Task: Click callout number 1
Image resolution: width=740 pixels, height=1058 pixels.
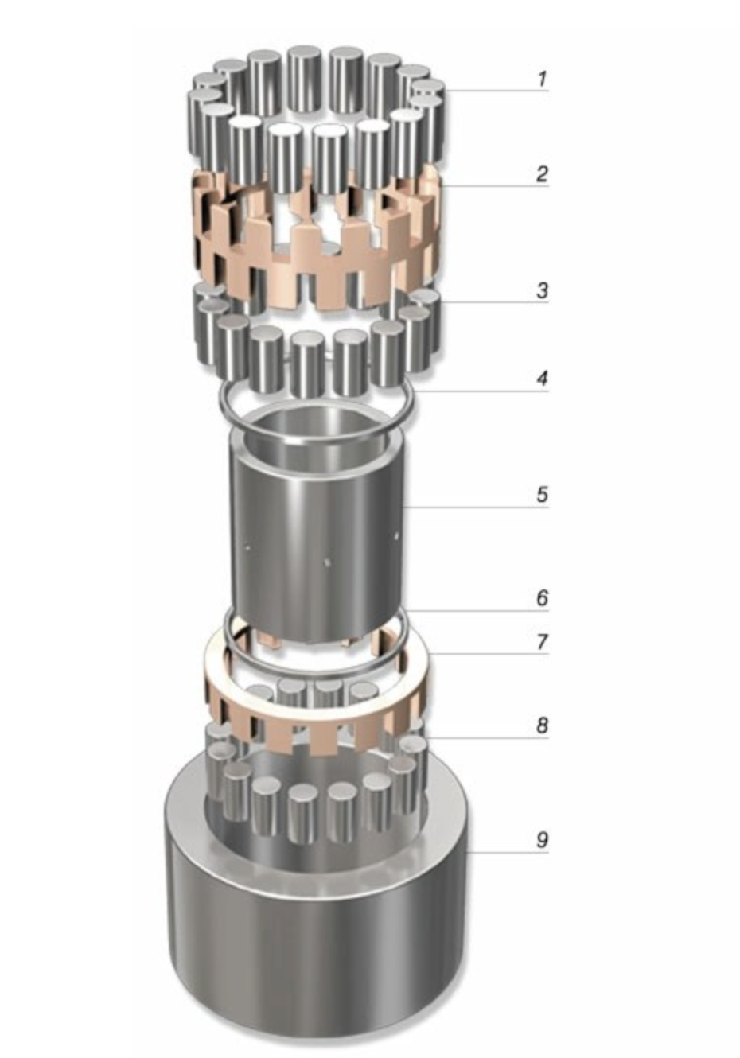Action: pyautogui.click(x=543, y=79)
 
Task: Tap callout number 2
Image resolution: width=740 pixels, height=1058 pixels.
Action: pyautogui.click(x=542, y=174)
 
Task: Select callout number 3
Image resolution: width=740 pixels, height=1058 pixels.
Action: pyautogui.click(x=543, y=290)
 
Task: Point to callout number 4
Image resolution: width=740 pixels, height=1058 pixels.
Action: pyautogui.click(x=542, y=379)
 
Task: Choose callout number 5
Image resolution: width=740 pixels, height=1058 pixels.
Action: pyautogui.click(x=542, y=495)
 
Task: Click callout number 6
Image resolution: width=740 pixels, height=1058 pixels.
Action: pyautogui.click(x=543, y=598)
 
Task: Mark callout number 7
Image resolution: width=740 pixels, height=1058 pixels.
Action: pyautogui.click(x=543, y=642)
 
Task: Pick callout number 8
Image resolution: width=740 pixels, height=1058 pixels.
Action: pyautogui.click(x=542, y=725)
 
